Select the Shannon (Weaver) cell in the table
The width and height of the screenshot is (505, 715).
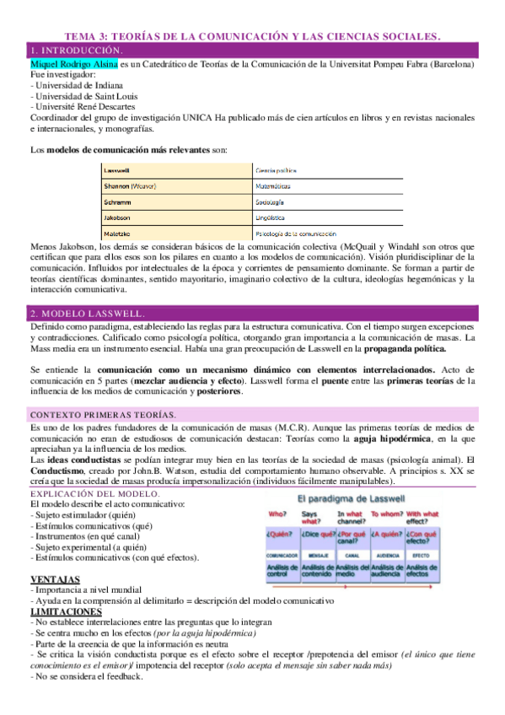coord(131,185)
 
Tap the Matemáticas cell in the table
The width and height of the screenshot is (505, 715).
coord(273,185)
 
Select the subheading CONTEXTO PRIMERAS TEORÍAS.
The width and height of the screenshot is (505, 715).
coord(102,415)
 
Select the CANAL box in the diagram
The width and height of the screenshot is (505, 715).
coord(353,556)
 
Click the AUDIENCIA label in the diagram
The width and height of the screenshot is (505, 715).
coord(388,556)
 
